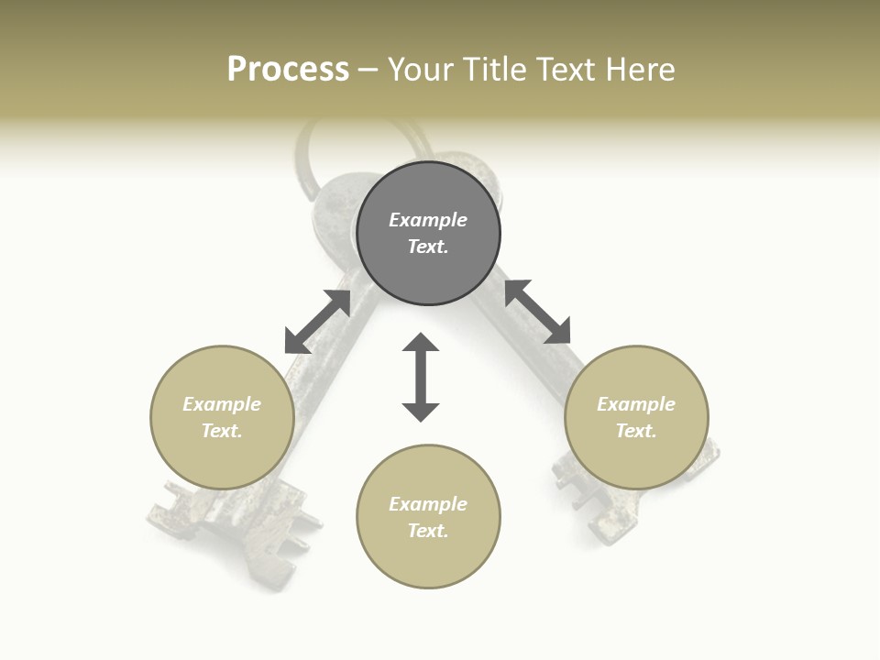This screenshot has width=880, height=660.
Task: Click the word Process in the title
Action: pos(288,70)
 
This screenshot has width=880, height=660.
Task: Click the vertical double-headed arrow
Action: pos(421,377)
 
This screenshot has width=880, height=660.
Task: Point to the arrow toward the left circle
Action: pos(317,321)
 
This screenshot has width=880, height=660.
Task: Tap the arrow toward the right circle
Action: pos(537,312)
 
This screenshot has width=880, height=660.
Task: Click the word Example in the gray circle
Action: pos(428,220)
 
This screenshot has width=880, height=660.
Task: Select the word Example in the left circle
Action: pos(222,404)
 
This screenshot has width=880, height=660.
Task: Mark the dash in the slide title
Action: pos(368,70)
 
